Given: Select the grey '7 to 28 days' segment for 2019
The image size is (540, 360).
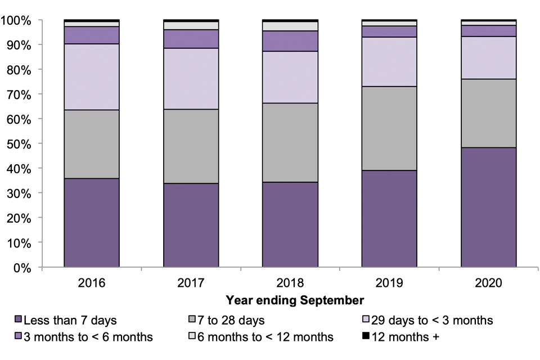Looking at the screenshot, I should [389, 128].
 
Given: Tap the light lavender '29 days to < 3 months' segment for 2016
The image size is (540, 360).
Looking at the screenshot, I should [92, 76].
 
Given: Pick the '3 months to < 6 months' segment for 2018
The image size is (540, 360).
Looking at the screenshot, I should [290, 41].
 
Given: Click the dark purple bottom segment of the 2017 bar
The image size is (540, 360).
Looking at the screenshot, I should [191, 225].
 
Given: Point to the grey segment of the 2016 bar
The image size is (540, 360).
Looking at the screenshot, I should [92, 144].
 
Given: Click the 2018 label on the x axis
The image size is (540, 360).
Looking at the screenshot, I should [290, 282].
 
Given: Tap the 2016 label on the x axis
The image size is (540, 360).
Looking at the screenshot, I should [92, 282].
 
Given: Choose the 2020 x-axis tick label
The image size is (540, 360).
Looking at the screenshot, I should [489, 282].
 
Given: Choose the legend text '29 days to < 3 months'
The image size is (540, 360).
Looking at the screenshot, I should [433, 321].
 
